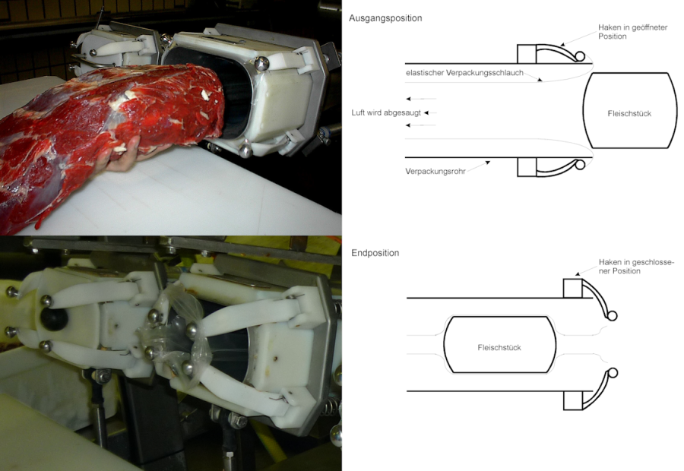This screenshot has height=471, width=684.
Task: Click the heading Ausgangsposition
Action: coord(385,18)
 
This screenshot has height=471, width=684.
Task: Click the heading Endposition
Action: coord(375,253)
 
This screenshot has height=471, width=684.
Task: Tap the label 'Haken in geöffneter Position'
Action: coord(632,32)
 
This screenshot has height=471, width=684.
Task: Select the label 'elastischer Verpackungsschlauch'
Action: coord(464,73)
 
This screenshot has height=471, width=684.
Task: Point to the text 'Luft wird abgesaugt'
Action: coord(386,113)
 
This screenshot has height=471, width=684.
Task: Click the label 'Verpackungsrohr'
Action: coord(435,172)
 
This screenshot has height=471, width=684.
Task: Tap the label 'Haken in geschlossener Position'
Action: coord(636,267)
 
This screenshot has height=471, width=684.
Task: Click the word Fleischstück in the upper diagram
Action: coord(629,113)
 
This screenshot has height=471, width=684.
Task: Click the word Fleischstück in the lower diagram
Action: coord(499,348)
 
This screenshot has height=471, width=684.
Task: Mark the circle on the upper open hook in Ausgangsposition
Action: coord(580,56)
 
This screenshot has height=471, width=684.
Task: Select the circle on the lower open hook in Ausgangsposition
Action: coord(580,165)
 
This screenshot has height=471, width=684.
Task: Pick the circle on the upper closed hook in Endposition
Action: coord(612,315)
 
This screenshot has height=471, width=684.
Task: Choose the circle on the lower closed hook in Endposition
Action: coord(613,373)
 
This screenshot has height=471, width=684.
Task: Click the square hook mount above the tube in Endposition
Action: coord(573,288)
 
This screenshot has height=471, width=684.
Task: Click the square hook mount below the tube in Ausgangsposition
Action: coord(527,167)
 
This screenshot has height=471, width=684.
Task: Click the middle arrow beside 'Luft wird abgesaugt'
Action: coord(431,113)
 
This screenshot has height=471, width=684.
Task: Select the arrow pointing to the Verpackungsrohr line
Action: coord(479,166)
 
